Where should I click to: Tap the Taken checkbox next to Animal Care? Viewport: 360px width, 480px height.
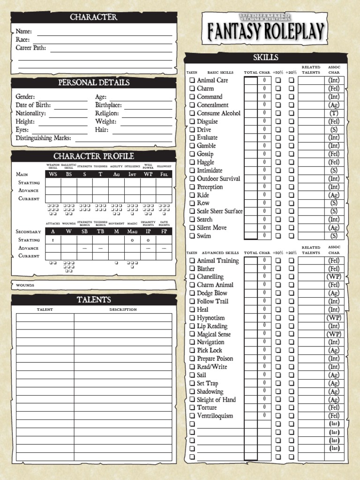point(192,80)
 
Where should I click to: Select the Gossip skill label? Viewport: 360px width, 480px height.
point(205,154)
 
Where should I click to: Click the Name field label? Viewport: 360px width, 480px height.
point(24,31)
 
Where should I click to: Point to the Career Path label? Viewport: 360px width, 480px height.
point(31,48)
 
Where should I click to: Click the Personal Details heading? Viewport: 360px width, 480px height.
point(94,82)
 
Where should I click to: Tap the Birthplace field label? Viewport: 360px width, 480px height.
point(108,105)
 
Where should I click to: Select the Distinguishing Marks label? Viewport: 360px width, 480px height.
point(44,138)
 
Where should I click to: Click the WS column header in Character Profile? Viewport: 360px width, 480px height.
point(53,174)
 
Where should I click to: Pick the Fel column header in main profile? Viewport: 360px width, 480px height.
point(164,174)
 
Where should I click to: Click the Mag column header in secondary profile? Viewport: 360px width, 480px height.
point(132,232)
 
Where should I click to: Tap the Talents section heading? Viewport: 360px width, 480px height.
point(94,300)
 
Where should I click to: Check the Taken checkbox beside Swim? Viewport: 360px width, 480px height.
point(192,236)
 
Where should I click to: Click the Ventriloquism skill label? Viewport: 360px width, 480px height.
point(215,416)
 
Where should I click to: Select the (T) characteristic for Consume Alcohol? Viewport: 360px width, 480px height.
point(334,113)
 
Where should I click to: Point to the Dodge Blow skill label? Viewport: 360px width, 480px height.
point(212,293)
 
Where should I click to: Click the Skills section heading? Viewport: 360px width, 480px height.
point(266,58)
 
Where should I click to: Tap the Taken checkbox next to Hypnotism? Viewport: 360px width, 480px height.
point(192,318)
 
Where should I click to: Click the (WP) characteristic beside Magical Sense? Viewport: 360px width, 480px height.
point(334,334)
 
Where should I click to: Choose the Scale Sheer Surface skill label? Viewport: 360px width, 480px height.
point(219,211)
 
